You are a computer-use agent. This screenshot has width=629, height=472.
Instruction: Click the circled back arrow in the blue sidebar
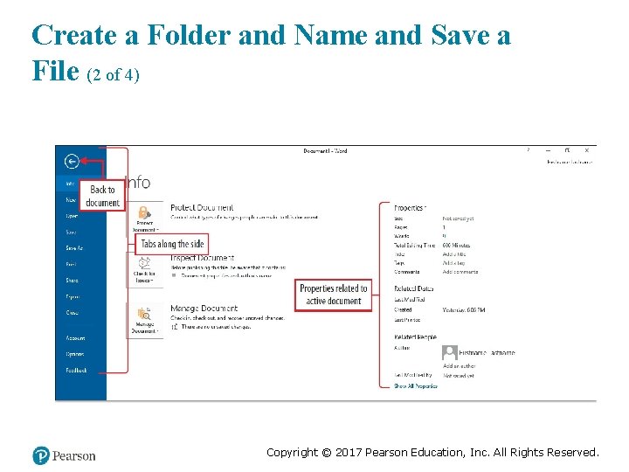72,161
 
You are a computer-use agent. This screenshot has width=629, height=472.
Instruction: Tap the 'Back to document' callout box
102,197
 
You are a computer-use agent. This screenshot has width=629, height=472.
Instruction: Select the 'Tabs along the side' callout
172,244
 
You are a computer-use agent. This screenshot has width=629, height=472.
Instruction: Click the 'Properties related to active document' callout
333,295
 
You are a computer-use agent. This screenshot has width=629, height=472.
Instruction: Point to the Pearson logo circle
41,455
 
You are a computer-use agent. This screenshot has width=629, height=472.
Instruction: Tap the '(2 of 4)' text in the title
114,75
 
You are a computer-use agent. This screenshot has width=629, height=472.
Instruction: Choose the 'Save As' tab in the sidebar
74,248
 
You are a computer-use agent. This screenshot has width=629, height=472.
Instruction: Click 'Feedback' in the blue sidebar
76,370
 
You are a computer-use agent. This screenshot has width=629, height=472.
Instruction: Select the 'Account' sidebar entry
75,337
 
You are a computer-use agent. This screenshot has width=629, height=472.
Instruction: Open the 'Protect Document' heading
202,207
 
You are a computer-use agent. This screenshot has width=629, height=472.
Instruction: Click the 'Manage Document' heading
204,309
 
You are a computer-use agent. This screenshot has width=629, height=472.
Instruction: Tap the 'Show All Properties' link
415,385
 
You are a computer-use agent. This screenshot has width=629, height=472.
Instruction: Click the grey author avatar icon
450,352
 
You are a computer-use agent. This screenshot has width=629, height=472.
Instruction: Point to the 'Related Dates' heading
413,288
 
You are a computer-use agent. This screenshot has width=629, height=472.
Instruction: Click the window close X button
586,150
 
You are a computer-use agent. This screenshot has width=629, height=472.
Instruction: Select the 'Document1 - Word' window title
325,151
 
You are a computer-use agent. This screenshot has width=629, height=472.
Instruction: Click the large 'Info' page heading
138,182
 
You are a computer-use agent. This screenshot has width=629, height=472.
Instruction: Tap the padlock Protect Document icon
142,212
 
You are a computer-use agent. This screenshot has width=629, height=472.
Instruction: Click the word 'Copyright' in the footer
293,452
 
